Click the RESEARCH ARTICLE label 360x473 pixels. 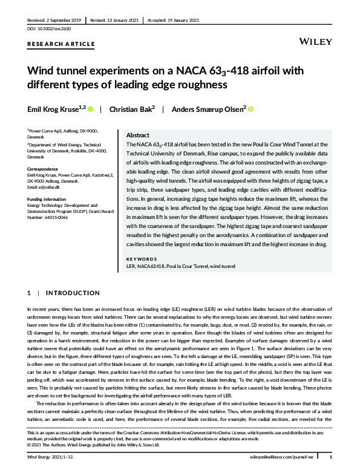[61, 44]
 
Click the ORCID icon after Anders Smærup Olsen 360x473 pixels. [250, 109]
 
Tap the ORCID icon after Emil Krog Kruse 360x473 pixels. [91, 109]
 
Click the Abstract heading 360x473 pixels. [138, 135]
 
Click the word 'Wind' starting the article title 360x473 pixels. [42, 73]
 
